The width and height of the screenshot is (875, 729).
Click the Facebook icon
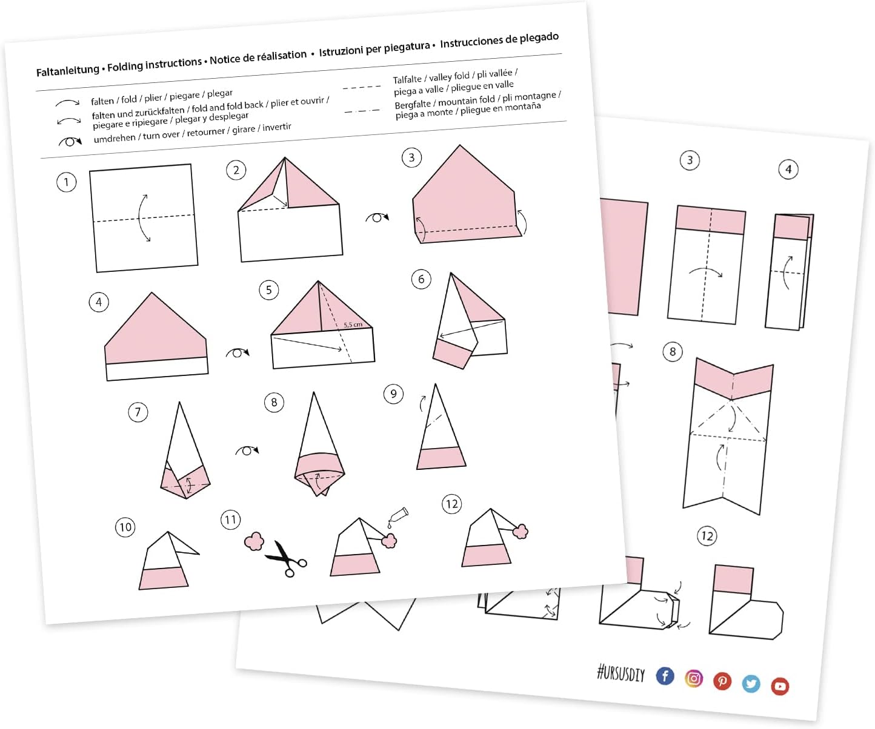point(665,676)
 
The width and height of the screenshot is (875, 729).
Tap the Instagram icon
point(694,678)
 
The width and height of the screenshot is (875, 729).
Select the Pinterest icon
point(722,681)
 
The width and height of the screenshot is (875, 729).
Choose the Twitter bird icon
point(751,684)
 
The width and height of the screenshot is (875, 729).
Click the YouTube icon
point(780,686)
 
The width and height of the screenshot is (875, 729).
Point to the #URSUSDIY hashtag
point(620,673)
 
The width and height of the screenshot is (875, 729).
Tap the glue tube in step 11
point(398,516)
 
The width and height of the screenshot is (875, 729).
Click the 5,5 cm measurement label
point(353,325)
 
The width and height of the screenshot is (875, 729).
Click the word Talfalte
point(407,79)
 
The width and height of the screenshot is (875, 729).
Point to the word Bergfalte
point(413,104)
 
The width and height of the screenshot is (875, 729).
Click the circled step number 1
point(66,182)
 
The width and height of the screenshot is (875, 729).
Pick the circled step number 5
point(269,290)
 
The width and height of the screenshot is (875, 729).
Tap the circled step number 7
point(138,412)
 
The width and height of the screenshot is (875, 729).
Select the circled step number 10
point(125,527)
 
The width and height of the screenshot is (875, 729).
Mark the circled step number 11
point(230,520)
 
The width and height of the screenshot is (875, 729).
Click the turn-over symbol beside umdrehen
point(70,142)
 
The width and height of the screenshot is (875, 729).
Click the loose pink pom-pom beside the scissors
point(254,541)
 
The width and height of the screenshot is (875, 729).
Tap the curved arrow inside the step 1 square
point(140,218)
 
